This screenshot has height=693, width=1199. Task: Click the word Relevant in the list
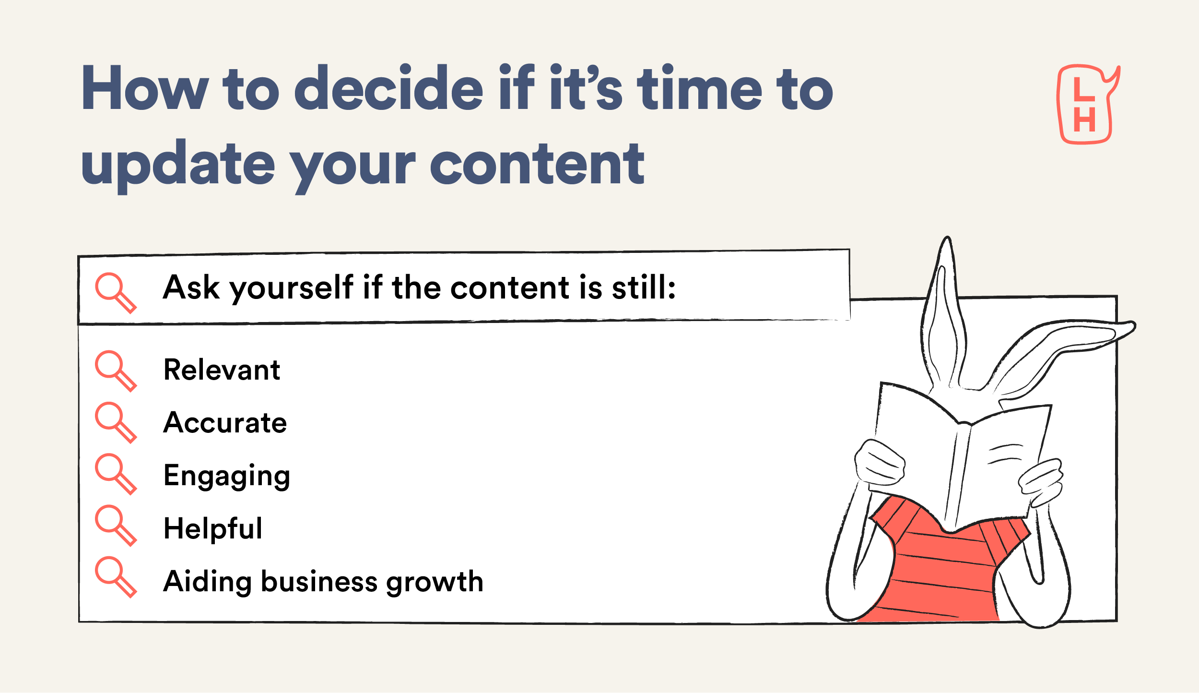222,370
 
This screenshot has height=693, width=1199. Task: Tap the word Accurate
225,423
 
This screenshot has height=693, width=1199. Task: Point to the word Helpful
213,529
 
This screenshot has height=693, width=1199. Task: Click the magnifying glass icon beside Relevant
116,371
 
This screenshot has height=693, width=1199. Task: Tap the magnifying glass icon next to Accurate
116,423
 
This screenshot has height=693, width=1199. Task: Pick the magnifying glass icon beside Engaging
116,474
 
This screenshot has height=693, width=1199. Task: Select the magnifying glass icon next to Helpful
116,526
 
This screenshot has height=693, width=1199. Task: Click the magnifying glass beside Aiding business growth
116,577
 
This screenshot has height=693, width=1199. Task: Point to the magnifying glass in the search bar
116,293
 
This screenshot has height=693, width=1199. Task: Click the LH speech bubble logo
1088,104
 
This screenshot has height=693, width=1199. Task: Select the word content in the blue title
537,164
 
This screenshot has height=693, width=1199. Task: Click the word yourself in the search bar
292,288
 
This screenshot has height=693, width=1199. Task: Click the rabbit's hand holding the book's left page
879,462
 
